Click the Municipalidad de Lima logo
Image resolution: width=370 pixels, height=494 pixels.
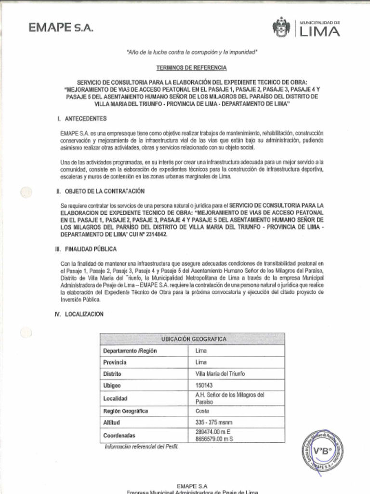coord(306,27)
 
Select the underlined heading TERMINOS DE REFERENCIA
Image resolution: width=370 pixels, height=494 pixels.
coord(191,68)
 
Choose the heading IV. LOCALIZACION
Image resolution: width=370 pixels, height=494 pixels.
coord(80,314)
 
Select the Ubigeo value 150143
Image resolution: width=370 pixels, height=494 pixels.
coord(204,385)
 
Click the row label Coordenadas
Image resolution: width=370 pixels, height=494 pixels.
coord(119,435)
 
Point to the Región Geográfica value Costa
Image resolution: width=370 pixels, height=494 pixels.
coord(202,411)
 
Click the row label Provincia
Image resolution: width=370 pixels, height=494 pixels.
coord(115,362)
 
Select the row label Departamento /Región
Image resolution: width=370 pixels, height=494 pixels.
coord(130,351)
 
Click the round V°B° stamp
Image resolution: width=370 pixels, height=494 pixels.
coord(322,451)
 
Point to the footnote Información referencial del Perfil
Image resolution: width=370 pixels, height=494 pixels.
coord(142,447)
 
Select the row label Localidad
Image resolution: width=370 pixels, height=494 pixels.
coord(115,398)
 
